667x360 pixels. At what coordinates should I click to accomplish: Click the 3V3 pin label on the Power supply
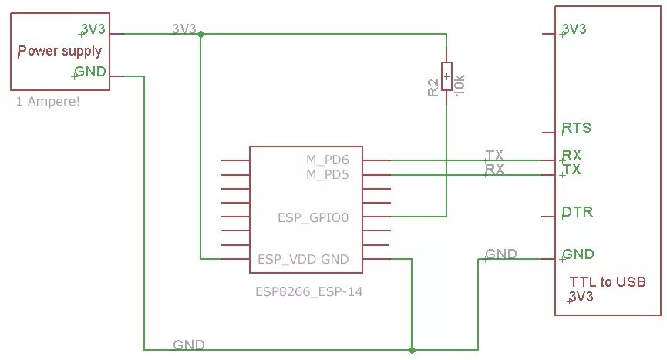click(93, 29)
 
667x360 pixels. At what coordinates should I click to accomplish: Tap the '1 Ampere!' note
click(47, 101)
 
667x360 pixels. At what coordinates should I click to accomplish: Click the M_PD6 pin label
click(328, 160)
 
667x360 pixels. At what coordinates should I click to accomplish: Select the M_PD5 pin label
click(328, 175)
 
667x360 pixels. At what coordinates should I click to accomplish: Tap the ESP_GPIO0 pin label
click(313, 218)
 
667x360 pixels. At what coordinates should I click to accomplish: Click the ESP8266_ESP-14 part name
click(308, 292)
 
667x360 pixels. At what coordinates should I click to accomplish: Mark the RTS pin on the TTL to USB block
click(577, 127)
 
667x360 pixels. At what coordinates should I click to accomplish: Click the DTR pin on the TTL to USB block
click(578, 211)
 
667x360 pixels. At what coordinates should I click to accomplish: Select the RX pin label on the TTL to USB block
click(571, 155)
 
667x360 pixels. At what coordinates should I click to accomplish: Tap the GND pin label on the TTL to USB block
click(578, 254)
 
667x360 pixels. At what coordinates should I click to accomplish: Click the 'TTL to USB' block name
click(607, 281)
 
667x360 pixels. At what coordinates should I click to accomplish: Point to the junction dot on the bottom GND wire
click(413, 349)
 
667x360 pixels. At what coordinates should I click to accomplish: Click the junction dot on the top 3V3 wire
click(200, 34)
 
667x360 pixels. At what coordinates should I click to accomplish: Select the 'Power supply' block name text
click(59, 52)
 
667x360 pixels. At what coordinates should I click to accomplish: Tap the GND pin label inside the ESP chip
click(335, 259)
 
